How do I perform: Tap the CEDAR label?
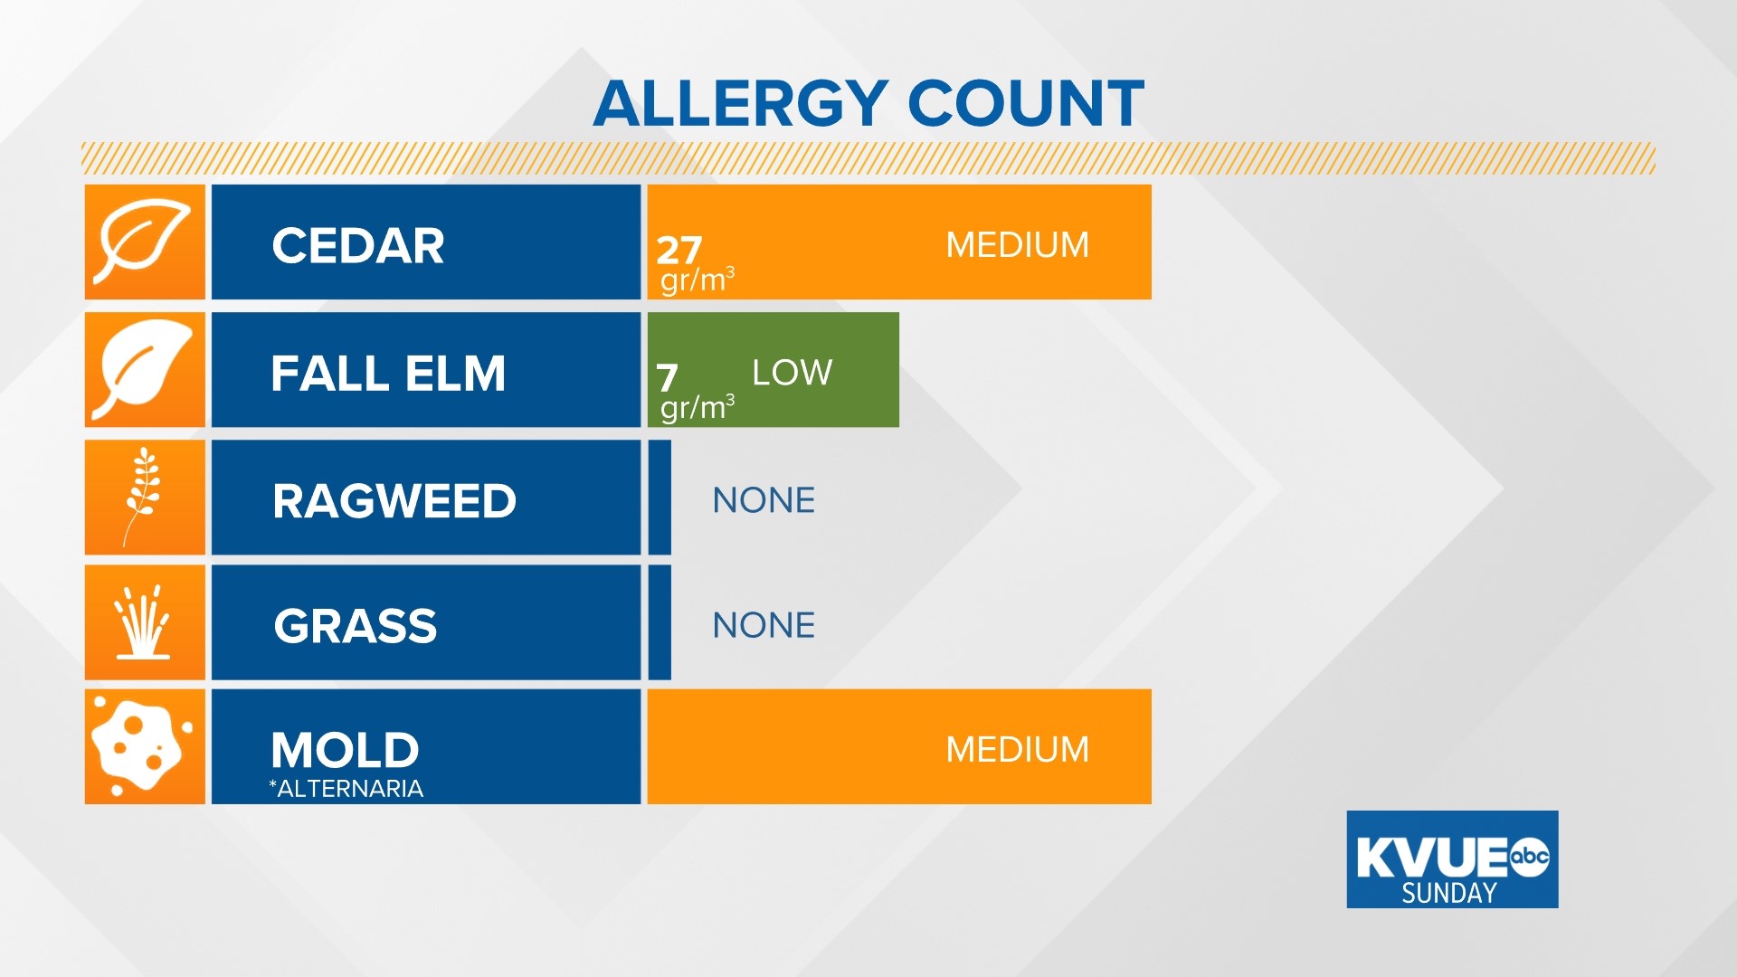tap(358, 246)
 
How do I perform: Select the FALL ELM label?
tap(388, 374)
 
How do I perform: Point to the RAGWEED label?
tap(394, 501)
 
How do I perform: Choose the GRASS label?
tap(356, 626)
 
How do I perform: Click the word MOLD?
tap(345, 750)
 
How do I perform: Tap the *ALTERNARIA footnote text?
tap(346, 789)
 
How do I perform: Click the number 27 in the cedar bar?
tap(679, 250)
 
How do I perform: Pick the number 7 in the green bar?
tap(667, 377)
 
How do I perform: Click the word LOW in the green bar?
tap(792, 373)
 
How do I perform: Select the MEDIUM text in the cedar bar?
tap(1017, 245)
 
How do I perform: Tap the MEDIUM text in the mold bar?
tap(1017, 750)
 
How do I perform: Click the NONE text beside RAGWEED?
tap(764, 500)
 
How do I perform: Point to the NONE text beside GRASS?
tap(764, 625)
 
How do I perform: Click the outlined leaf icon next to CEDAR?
tap(145, 242)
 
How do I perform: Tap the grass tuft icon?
tap(144, 622)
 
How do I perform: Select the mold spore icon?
tap(141, 746)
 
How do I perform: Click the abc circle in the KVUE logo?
tap(1530, 857)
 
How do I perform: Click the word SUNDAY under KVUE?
tap(1448, 894)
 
